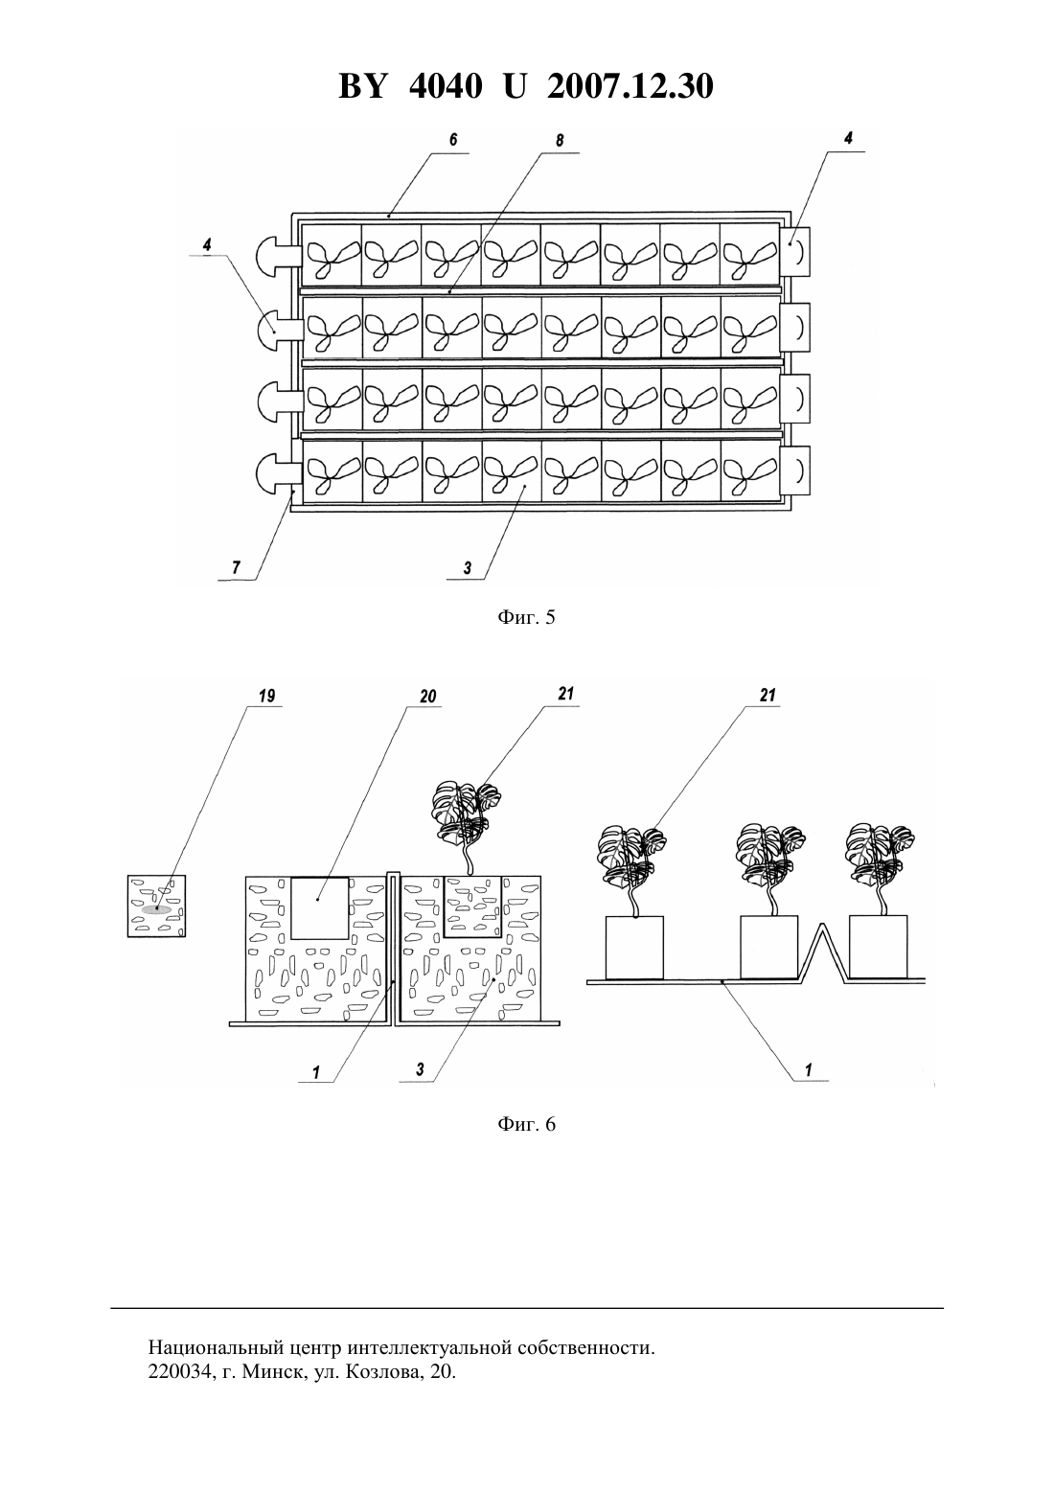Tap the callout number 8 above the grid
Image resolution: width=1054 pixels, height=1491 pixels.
point(560,140)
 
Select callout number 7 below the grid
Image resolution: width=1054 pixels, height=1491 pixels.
point(237,568)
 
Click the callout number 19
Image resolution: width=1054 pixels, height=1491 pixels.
point(266,697)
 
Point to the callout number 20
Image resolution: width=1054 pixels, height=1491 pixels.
point(428,697)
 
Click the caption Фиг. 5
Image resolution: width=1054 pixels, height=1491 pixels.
point(526,617)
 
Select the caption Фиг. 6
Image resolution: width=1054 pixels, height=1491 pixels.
point(526,1124)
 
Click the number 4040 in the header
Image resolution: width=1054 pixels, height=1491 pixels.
point(446,86)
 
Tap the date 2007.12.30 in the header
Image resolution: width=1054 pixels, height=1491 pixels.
point(630,86)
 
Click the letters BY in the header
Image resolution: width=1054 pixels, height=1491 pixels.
point(362,86)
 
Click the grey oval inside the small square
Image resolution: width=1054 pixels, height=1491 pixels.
point(156,909)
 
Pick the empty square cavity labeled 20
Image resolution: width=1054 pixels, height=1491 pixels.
point(319,907)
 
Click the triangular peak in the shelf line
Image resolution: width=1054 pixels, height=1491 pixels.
point(823,925)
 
